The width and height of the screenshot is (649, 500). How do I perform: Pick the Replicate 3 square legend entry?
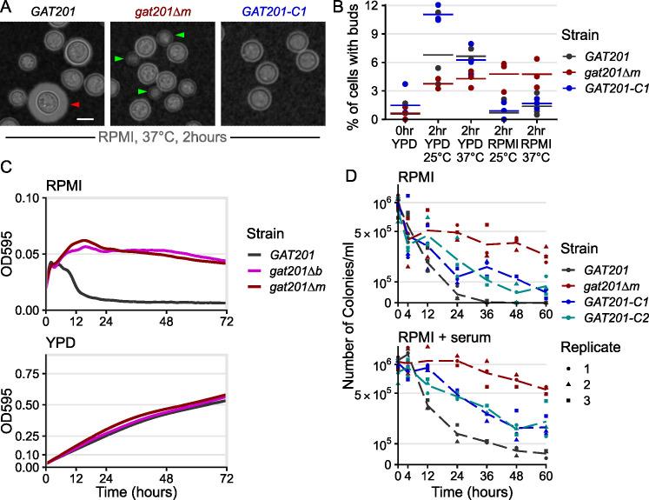(578, 402)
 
